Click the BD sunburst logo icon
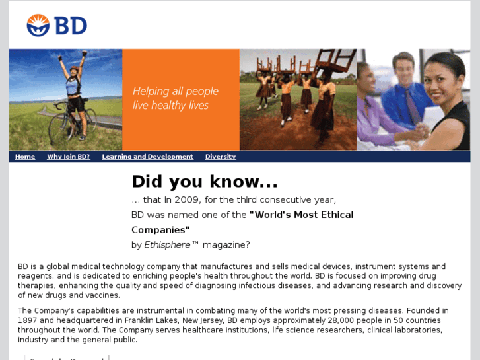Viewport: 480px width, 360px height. (38, 25)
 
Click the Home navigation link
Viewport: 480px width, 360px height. (25, 157)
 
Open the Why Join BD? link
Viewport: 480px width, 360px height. (68, 157)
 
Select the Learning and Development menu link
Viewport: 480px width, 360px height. (147, 157)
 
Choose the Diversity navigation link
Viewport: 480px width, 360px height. (220, 157)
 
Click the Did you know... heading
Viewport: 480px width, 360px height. (205, 182)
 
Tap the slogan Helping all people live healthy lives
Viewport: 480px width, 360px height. (175, 98)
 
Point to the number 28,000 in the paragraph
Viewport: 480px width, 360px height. (318, 320)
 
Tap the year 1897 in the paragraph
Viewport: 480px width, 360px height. (29, 320)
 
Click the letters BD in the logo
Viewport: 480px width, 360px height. (70, 26)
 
